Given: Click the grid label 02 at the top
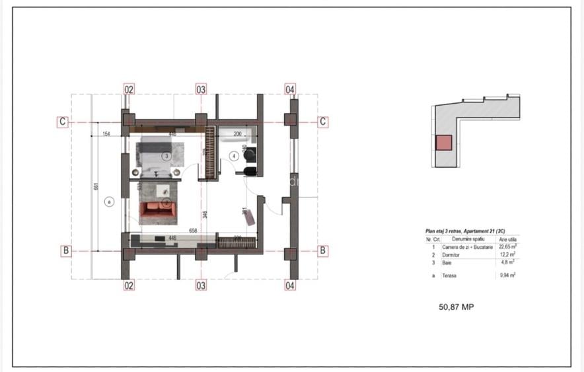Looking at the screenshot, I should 129,89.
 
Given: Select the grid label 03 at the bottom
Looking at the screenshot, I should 201,285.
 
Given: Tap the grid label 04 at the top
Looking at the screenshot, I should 290,89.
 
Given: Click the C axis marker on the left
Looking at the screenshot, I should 62,122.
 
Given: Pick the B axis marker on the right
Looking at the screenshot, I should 323,250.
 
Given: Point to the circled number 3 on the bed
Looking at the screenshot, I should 167,157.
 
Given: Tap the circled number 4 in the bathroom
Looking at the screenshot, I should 233,156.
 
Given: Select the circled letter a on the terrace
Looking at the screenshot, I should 110,202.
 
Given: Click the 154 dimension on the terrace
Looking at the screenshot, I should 106,134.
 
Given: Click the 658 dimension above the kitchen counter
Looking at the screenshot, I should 193,231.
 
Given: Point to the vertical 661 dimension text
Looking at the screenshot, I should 96,186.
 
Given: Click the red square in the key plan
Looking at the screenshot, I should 443,143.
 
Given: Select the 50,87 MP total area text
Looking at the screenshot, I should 456,307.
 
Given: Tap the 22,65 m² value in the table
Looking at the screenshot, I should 508,246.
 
